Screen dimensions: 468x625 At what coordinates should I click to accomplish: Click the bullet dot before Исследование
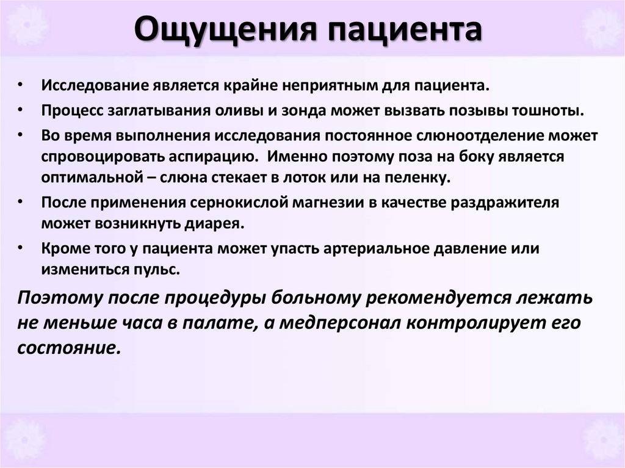(21, 85)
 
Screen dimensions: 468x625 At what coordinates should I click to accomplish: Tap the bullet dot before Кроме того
(21, 248)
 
